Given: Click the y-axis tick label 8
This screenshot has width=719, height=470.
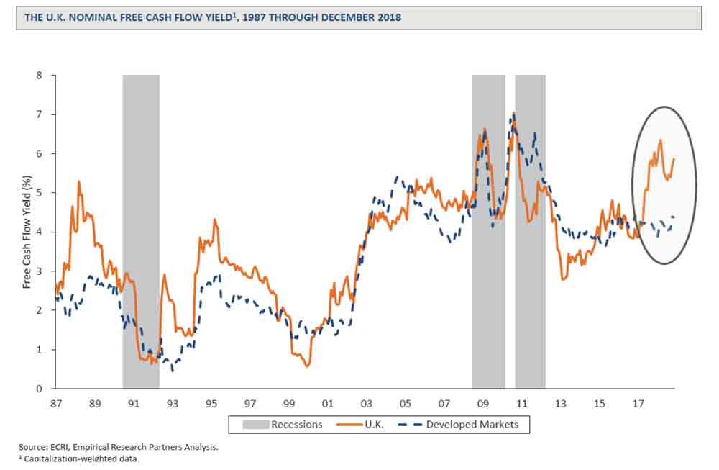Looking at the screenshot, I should pos(40,75).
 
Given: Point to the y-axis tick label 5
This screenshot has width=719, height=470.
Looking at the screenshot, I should pos(40,193).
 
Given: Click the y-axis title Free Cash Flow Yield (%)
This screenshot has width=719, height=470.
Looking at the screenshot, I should pos(27,232).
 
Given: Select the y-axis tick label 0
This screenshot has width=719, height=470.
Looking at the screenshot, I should pos(40,389).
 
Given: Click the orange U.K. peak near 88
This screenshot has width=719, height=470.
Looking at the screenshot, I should pos(78,182).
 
